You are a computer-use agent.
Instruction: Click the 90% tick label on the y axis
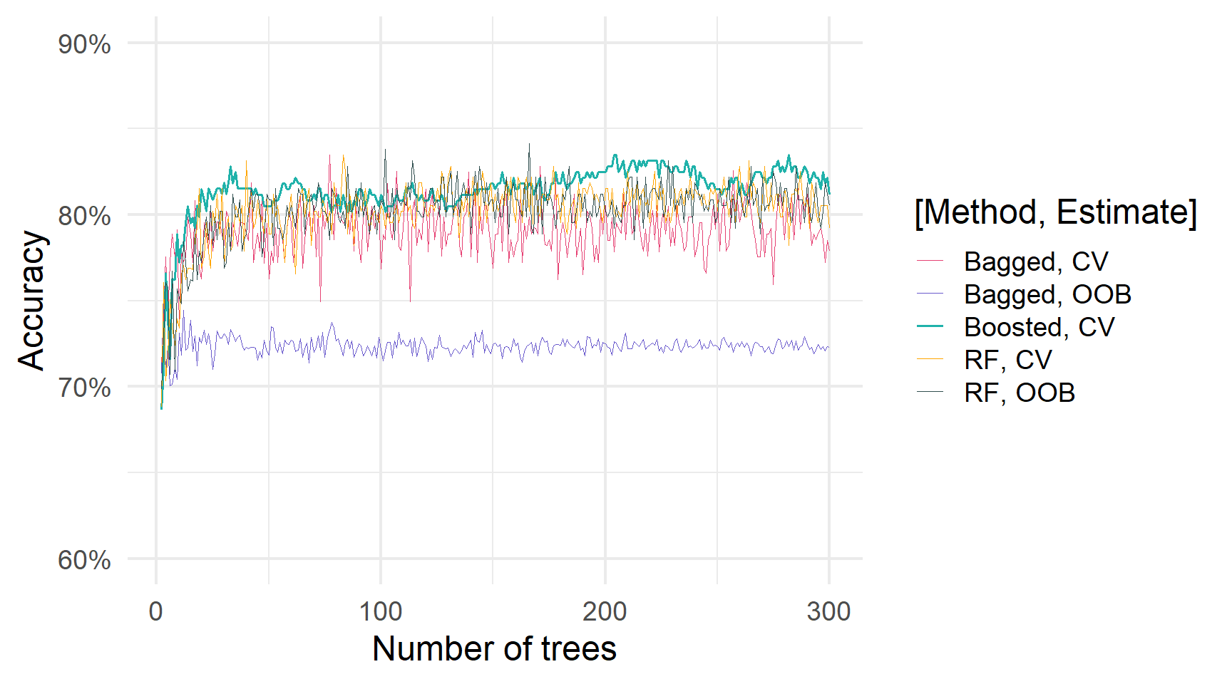84,44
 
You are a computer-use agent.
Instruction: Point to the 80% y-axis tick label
84,216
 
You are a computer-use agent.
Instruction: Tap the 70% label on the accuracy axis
84,388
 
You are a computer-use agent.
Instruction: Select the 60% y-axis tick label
84,560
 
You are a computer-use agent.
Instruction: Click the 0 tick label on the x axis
155,611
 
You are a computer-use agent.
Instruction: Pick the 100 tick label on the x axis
380,611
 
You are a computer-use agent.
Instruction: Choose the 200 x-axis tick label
605,611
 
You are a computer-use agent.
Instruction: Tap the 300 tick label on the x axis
828,611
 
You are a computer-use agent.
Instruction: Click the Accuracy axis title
31,300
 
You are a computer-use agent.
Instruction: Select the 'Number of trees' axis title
494,649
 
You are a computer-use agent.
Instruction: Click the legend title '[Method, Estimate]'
1055,212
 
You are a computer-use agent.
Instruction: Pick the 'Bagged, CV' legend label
1036,261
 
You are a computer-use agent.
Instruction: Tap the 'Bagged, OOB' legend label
1047,294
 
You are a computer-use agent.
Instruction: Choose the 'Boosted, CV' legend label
1039,327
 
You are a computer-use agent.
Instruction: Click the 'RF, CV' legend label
1007,360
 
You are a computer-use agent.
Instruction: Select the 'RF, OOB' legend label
1019,393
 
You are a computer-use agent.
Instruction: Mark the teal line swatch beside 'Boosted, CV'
930,327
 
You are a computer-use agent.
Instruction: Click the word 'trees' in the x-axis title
578,649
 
